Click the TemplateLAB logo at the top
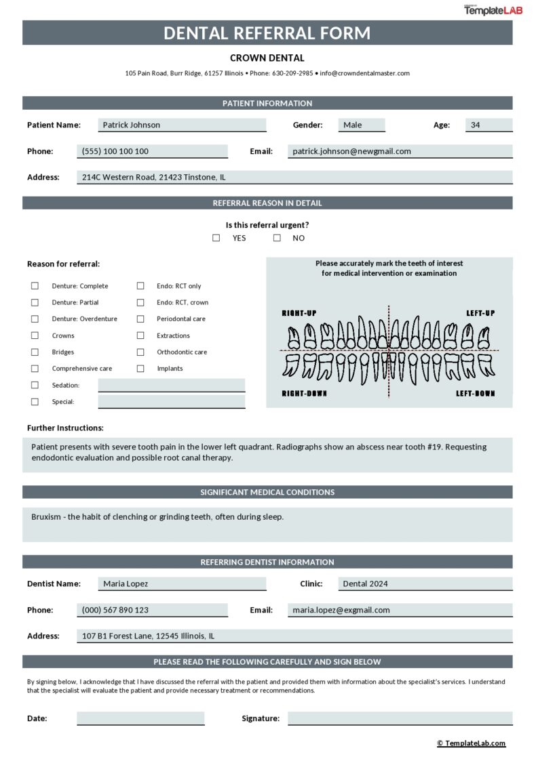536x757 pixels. [493, 10]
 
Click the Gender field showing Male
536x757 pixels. [362, 125]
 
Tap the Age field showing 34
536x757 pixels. [489, 125]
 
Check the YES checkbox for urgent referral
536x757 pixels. [216, 238]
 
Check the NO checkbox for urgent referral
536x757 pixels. [277, 238]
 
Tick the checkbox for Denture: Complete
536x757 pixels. [35, 286]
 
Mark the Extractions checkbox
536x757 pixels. [140, 335]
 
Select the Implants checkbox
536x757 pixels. [140, 369]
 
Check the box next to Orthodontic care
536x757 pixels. [140, 352]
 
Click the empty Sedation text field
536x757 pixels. [171, 385]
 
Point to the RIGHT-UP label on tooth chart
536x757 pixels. [299, 313]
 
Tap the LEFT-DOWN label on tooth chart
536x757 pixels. [475, 394]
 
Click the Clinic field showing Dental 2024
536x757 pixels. [425, 584]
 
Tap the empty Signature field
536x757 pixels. [400, 718]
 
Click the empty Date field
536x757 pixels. [140, 718]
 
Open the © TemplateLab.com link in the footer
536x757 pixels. [471, 743]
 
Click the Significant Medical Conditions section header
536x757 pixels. [267, 492]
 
